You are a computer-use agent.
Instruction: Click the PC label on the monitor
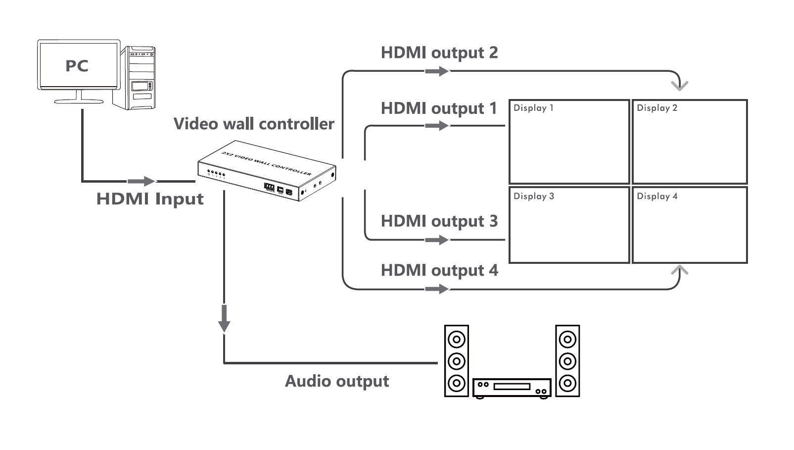point(77,66)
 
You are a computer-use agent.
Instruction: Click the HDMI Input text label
point(150,199)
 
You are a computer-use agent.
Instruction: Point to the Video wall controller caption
point(254,124)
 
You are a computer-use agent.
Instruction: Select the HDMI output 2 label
point(439,52)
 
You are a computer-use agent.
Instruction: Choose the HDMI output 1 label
point(439,108)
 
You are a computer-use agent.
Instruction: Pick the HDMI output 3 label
point(439,221)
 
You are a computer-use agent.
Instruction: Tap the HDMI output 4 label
point(439,270)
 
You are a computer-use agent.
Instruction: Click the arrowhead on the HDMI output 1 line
point(438,126)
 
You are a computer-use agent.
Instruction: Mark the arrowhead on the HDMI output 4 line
point(438,289)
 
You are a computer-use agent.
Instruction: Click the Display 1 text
point(533,108)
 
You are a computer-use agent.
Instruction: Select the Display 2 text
point(657,108)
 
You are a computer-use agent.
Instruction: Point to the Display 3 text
point(534,196)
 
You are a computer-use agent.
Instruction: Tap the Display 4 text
point(657,196)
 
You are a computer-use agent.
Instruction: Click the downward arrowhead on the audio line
point(224,322)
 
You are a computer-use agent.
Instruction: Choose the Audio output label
point(337,381)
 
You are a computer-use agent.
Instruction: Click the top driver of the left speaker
point(456,340)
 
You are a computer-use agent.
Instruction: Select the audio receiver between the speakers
point(512,388)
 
